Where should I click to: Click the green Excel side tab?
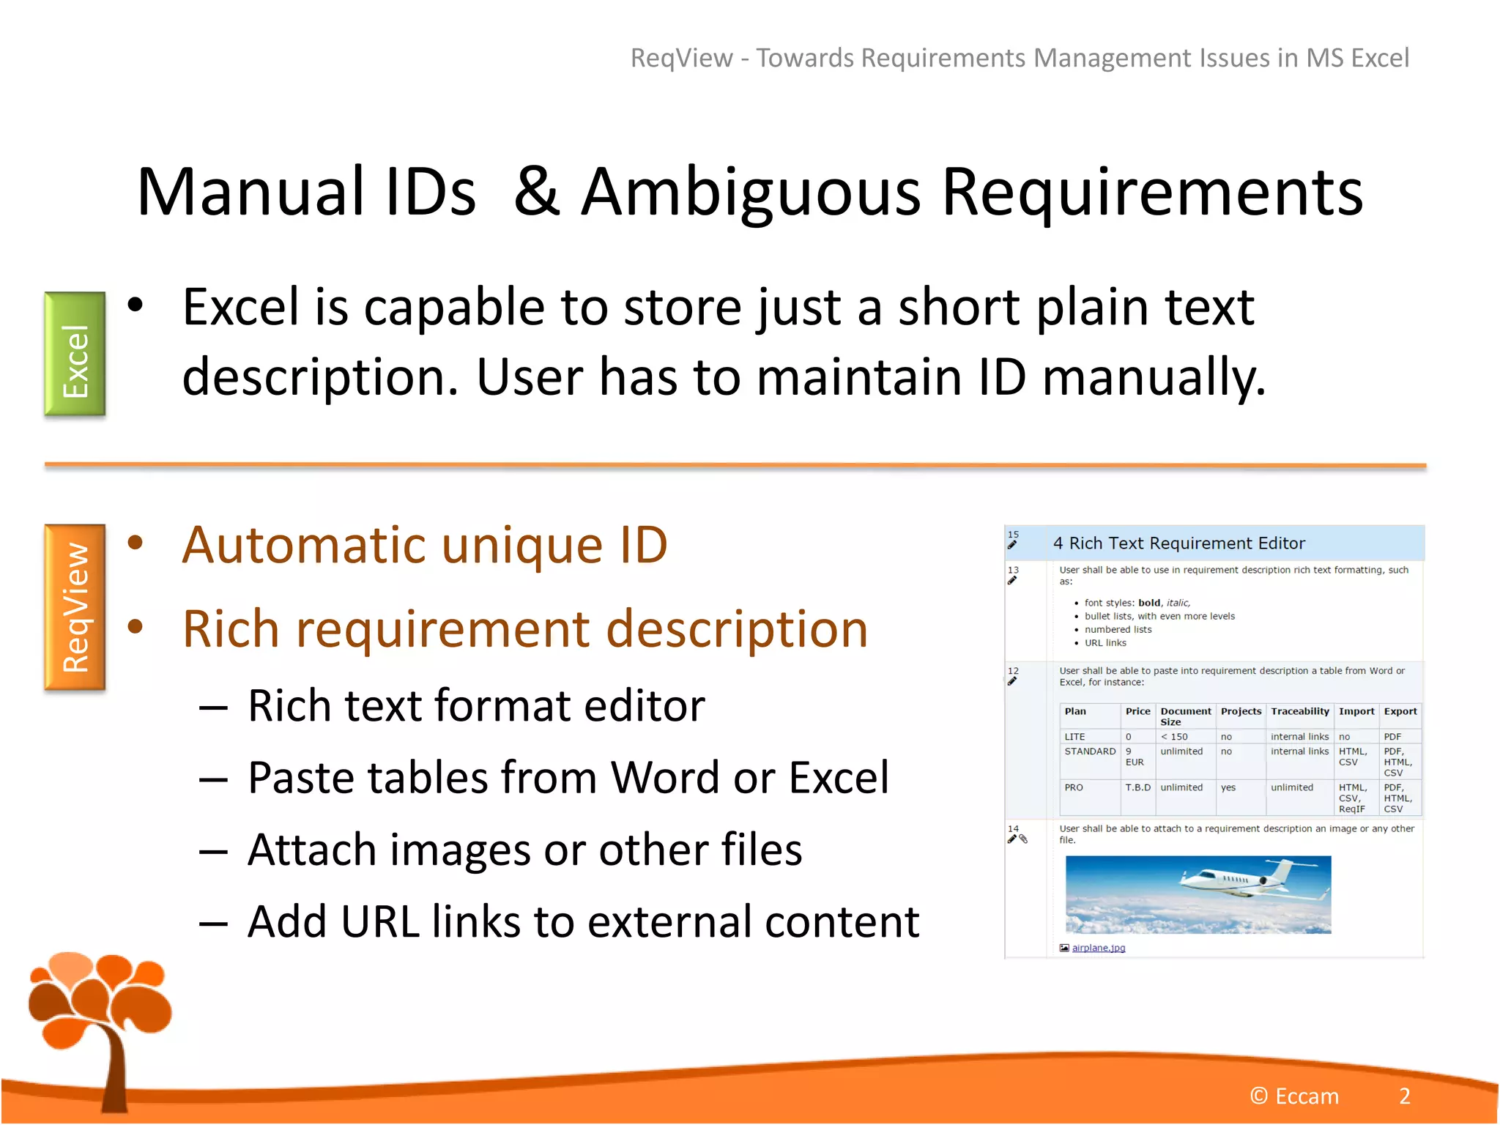tap(75, 354)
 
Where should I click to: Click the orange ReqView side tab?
tap(75, 607)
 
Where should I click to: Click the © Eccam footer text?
tap(1294, 1096)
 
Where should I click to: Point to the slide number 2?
tap(1404, 1096)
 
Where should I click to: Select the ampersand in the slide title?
tap(537, 192)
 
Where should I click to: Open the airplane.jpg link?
tap(1098, 948)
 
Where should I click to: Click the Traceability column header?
tap(1299, 711)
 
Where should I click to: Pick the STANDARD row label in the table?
tap(1090, 751)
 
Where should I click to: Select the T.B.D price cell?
tap(1137, 787)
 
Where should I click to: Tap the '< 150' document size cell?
tap(1174, 737)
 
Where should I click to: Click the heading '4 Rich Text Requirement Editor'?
tap(1178, 543)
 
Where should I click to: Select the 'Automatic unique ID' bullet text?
tap(425, 546)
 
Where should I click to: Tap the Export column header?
tap(1400, 711)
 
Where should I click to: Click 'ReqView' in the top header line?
tap(681, 58)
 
